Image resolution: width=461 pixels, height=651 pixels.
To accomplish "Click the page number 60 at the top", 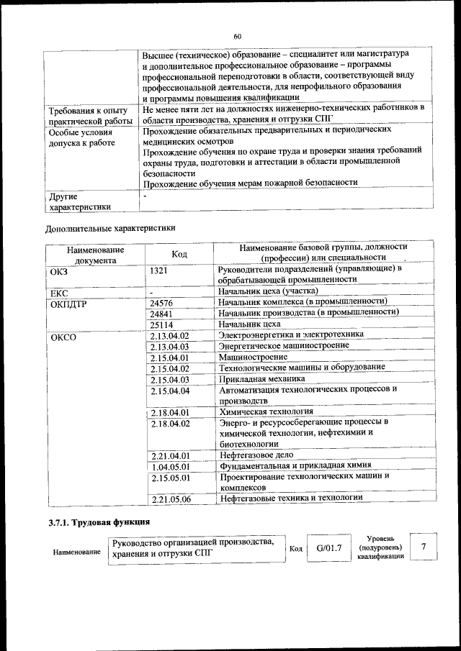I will (237, 37).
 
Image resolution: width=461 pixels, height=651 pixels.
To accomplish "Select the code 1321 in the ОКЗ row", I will (160, 270).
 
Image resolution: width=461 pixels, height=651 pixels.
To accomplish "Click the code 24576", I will (162, 303).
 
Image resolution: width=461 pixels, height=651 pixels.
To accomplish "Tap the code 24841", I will (162, 314).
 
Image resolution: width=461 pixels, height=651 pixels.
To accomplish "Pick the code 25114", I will (162, 324).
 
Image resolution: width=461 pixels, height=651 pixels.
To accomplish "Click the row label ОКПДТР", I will (69, 303).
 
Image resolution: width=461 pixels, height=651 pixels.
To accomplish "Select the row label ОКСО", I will (63, 335).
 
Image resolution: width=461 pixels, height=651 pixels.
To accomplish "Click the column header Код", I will (179, 253).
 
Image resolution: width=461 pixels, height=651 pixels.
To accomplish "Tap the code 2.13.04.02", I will (170, 335).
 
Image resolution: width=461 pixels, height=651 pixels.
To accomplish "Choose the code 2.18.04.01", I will (170, 412).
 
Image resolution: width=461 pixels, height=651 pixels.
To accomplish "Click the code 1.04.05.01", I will (170, 465).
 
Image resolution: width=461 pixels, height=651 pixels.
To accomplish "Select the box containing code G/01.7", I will (328, 549).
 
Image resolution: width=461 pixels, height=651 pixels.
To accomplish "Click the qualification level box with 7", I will (424, 547).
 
